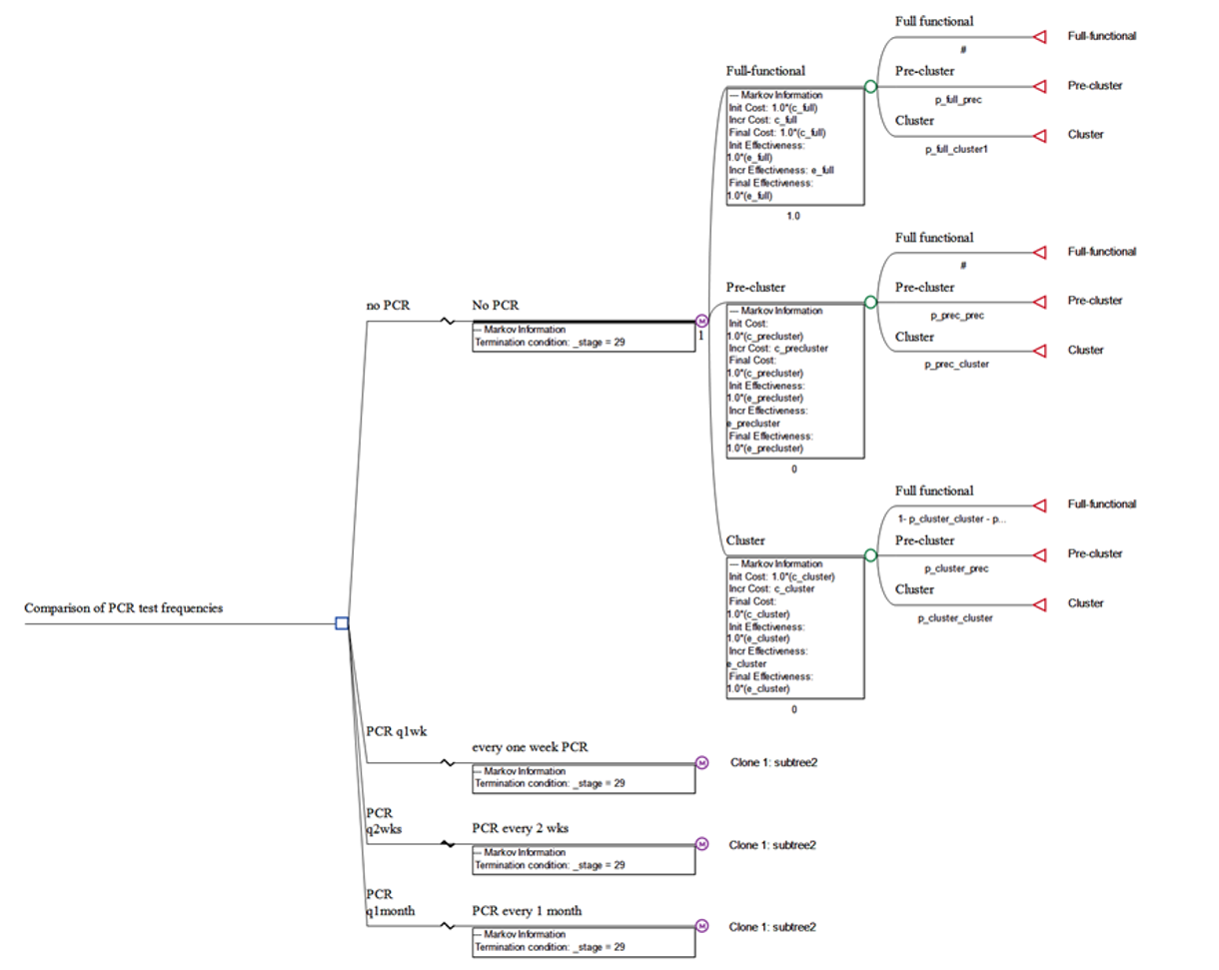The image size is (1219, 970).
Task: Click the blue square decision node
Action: pyautogui.click(x=342, y=624)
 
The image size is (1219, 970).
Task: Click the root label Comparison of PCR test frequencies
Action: pyautogui.click(x=124, y=607)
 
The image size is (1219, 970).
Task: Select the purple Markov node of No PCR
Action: pyautogui.click(x=701, y=322)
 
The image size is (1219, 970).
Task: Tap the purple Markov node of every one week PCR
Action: pyautogui.click(x=701, y=763)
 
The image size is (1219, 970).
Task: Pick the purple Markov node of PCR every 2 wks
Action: pyautogui.click(x=701, y=845)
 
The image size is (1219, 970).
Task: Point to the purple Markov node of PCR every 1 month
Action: pyautogui.click(x=701, y=926)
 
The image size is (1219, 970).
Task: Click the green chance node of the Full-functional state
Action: pyautogui.click(x=870, y=88)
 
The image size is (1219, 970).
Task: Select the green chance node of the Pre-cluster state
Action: pyautogui.click(x=870, y=301)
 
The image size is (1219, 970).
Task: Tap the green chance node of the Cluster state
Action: pyautogui.click(x=870, y=554)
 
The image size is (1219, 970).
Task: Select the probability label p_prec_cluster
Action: pyautogui.click(x=957, y=365)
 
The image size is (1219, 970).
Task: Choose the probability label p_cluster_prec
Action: pyautogui.click(x=956, y=568)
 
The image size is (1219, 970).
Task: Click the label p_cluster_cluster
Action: pyautogui.click(x=956, y=618)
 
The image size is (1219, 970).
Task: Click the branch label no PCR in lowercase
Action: pyautogui.click(x=389, y=306)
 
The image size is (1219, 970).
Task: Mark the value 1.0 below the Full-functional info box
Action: pyautogui.click(x=793, y=216)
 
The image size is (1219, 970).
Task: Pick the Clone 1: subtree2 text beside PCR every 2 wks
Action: pyautogui.click(x=773, y=845)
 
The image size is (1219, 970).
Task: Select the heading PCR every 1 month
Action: pyautogui.click(x=527, y=911)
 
